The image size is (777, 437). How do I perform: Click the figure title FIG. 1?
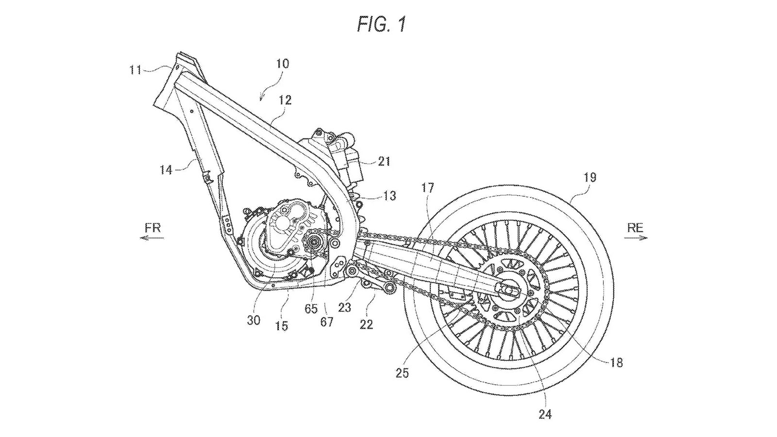pos(381,24)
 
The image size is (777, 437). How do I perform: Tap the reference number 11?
pos(135,70)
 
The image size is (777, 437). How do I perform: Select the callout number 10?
pos(283,64)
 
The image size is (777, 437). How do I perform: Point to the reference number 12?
pos(285,100)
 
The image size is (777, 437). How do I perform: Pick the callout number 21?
pos(384,161)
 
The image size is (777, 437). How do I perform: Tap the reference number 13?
pos(389,196)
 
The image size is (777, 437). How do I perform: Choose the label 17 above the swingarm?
pos(427,187)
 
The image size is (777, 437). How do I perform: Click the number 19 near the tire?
pos(589,177)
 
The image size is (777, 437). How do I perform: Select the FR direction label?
pos(152,227)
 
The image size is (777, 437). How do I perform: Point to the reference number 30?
pos(253,320)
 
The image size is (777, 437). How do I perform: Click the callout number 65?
pos(311,309)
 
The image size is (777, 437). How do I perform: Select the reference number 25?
pos(402,372)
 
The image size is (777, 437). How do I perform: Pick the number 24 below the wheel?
pos(545,415)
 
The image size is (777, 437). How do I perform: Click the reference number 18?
pos(616,362)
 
